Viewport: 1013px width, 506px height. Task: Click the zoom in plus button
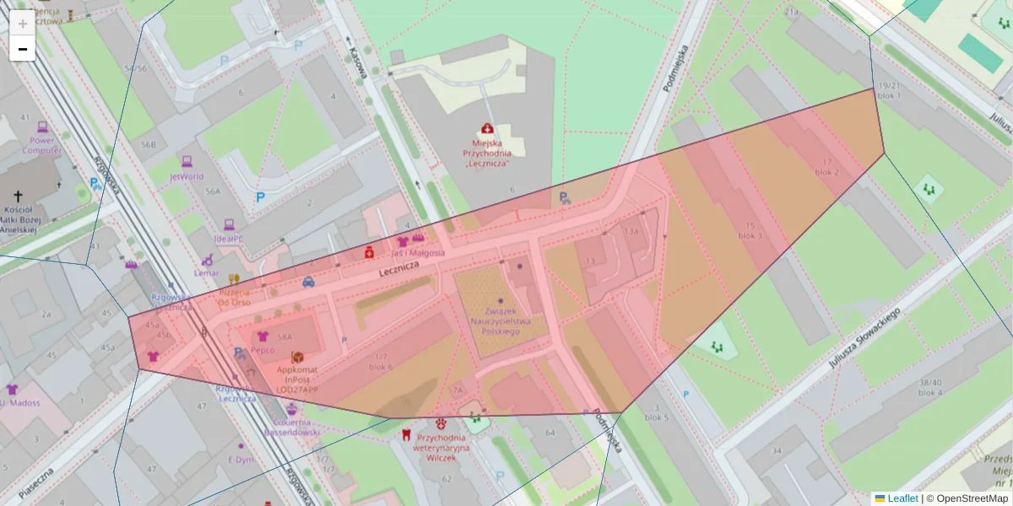[23, 24]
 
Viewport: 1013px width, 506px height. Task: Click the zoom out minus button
[23, 49]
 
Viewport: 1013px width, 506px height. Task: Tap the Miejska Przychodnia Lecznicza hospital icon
[487, 129]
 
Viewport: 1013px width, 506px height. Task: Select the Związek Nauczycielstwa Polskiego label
[501, 320]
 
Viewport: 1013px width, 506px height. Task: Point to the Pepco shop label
[263, 350]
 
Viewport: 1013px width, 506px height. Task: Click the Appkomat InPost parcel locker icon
[297, 358]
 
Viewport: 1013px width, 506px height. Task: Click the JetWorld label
[187, 177]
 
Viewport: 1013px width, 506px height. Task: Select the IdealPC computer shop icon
[228, 225]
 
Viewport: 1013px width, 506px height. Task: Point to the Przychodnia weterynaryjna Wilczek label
[441, 448]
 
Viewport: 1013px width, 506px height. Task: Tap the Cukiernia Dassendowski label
[291, 427]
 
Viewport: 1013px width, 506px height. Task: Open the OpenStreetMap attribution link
[966, 498]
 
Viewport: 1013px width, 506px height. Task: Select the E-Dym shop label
[241, 460]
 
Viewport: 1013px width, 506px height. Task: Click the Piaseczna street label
[35, 484]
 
